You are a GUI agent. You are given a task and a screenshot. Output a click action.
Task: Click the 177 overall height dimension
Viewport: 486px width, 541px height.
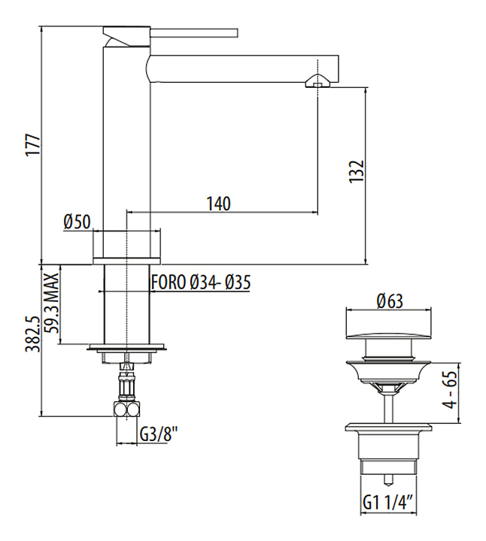click(x=34, y=144)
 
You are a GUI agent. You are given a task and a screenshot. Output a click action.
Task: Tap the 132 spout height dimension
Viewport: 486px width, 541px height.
click(x=357, y=171)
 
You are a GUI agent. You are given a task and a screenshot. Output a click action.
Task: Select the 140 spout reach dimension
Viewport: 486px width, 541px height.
click(x=219, y=204)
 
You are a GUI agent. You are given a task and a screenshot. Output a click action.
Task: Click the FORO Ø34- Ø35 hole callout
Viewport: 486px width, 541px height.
click(x=200, y=283)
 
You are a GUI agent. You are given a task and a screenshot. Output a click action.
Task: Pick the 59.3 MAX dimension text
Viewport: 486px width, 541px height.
click(x=52, y=303)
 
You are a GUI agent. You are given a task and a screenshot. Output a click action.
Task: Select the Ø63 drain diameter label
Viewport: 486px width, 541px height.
click(x=390, y=301)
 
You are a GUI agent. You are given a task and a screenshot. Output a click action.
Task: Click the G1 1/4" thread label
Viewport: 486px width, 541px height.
click(x=389, y=503)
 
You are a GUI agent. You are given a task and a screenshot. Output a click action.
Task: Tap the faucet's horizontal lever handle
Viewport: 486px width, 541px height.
click(x=194, y=33)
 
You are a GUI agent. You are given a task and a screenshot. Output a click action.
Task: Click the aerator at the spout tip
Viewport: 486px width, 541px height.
click(x=317, y=81)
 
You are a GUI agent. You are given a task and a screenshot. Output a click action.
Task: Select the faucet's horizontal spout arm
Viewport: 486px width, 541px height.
click(x=245, y=68)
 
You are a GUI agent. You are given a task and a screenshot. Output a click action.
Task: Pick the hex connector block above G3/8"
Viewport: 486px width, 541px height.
click(x=127, y=410)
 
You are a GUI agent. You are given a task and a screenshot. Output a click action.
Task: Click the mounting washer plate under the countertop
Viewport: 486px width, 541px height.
click(x=127, y=346)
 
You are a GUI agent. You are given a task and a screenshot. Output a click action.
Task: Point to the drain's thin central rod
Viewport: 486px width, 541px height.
click(x=389, y=407)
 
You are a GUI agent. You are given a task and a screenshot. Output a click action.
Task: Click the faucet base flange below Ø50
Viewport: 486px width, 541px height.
click(x=127, y=261)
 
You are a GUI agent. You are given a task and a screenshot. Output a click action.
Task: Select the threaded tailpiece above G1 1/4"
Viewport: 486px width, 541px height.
click(x=389, y=465)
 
